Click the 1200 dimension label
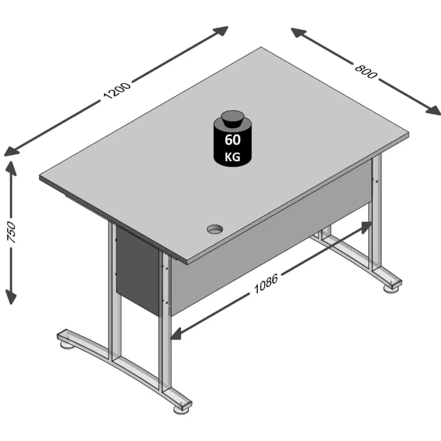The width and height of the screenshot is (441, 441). point(117,90)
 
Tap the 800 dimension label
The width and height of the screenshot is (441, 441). point(365,72)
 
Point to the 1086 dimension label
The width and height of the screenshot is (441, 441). point(266,283)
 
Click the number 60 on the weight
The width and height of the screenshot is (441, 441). point(232,140)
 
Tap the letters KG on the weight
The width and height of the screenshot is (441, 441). point(232,157)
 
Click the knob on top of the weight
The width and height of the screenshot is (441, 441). point(232,120)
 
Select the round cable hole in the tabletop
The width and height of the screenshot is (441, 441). point(215,229)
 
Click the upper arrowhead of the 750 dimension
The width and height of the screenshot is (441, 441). point(11,168)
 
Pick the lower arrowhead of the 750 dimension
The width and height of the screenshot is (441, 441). point(11,297)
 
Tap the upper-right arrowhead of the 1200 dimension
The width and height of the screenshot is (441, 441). point(220,30)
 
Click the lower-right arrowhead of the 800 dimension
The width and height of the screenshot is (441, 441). point(433,111)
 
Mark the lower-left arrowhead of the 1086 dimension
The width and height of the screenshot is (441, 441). point(177,334)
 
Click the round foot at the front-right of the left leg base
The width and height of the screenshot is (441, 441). point(181,409)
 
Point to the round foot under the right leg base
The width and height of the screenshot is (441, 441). point(391,288)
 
